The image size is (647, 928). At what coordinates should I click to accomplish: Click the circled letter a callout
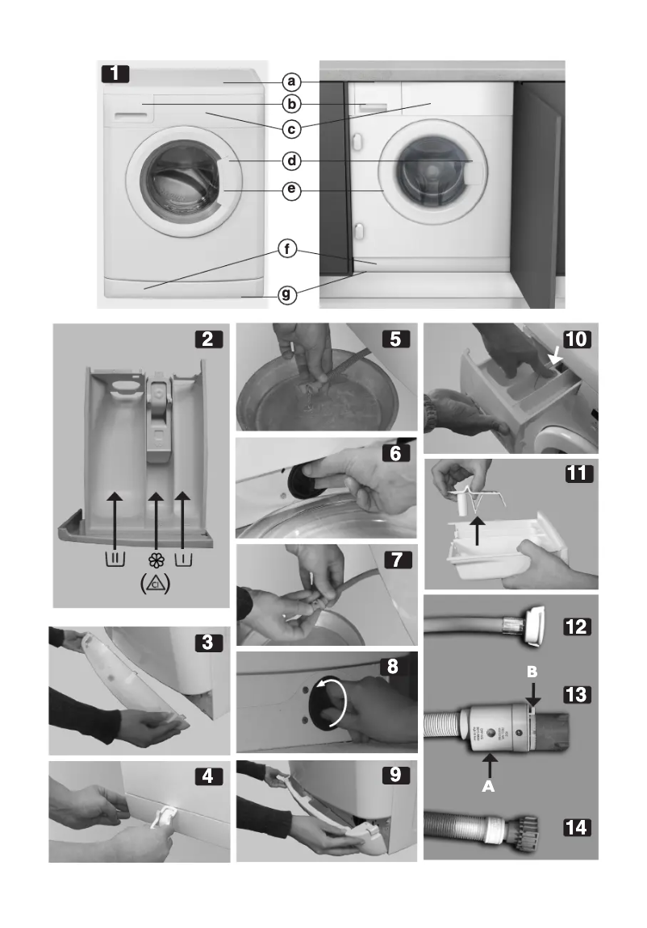pos(292,82)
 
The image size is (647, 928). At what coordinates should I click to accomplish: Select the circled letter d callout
pos(292,161)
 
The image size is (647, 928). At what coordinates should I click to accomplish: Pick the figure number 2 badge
pos(208,339)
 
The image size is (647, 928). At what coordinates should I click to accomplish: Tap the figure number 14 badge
pos(578,826)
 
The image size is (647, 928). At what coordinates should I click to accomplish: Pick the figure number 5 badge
pos(396,339)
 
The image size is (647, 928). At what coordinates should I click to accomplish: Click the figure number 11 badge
pos(578,475)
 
